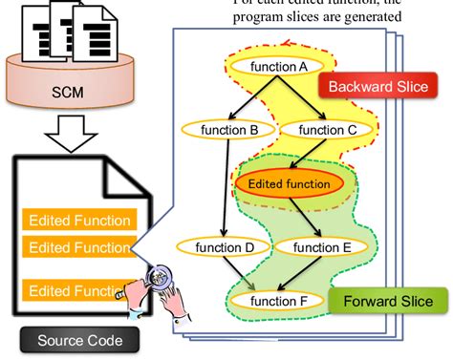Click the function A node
[x=277, y=67]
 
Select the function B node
[x=226, y=128]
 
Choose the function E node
[x=334, y=247]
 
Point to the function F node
[x=278, y=302]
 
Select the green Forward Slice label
[x=387, y=302]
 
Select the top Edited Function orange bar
[x=79, y=221]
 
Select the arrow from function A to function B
[x=250, y=98]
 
